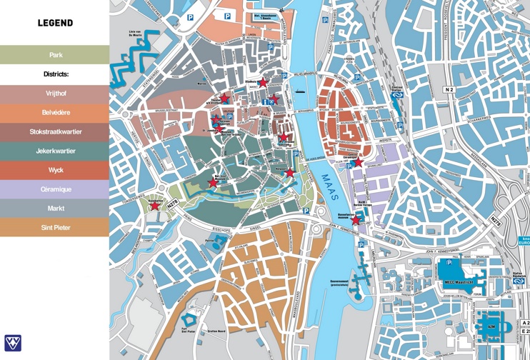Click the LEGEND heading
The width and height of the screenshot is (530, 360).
55,23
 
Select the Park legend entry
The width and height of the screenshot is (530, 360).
55,55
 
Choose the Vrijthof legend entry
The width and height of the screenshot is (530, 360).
55,94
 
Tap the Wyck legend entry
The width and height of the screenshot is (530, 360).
55,170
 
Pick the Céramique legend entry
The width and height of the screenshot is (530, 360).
55,189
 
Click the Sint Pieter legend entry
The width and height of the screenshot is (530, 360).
55,228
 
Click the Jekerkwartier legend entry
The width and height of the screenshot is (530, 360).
55,151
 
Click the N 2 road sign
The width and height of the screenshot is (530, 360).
449,89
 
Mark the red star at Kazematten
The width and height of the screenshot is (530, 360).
154,206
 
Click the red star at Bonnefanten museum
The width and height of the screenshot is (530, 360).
355,221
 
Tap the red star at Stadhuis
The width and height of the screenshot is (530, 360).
263,83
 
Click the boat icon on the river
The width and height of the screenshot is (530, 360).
300,91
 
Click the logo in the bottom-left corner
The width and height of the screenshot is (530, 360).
13,343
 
